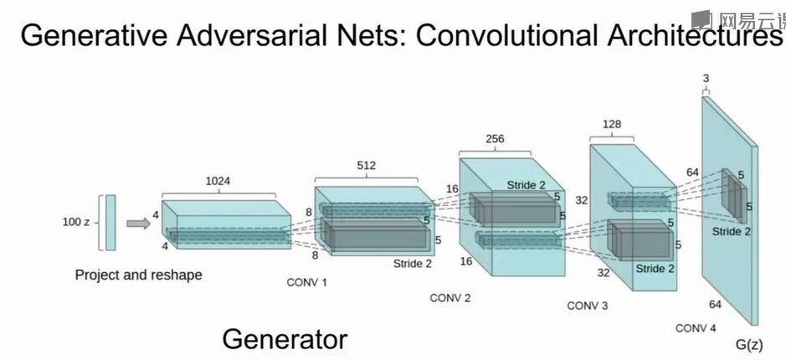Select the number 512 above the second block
pos(367,166)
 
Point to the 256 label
pos(495,138)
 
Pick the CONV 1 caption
pos(306,282)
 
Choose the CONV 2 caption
pos(450,297)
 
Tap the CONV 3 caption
pos(588,306)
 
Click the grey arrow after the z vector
pos(138,223)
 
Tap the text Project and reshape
pos(138,274)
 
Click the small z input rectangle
pos(110,222)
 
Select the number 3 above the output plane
pos(706,79)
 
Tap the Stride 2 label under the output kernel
pos(732,231)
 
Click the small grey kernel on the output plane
pos(733,194)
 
